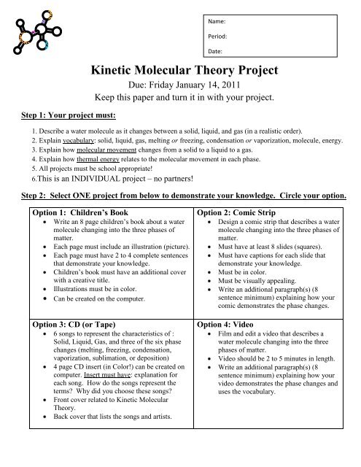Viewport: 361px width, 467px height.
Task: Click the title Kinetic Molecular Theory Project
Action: tap(179, 72)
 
